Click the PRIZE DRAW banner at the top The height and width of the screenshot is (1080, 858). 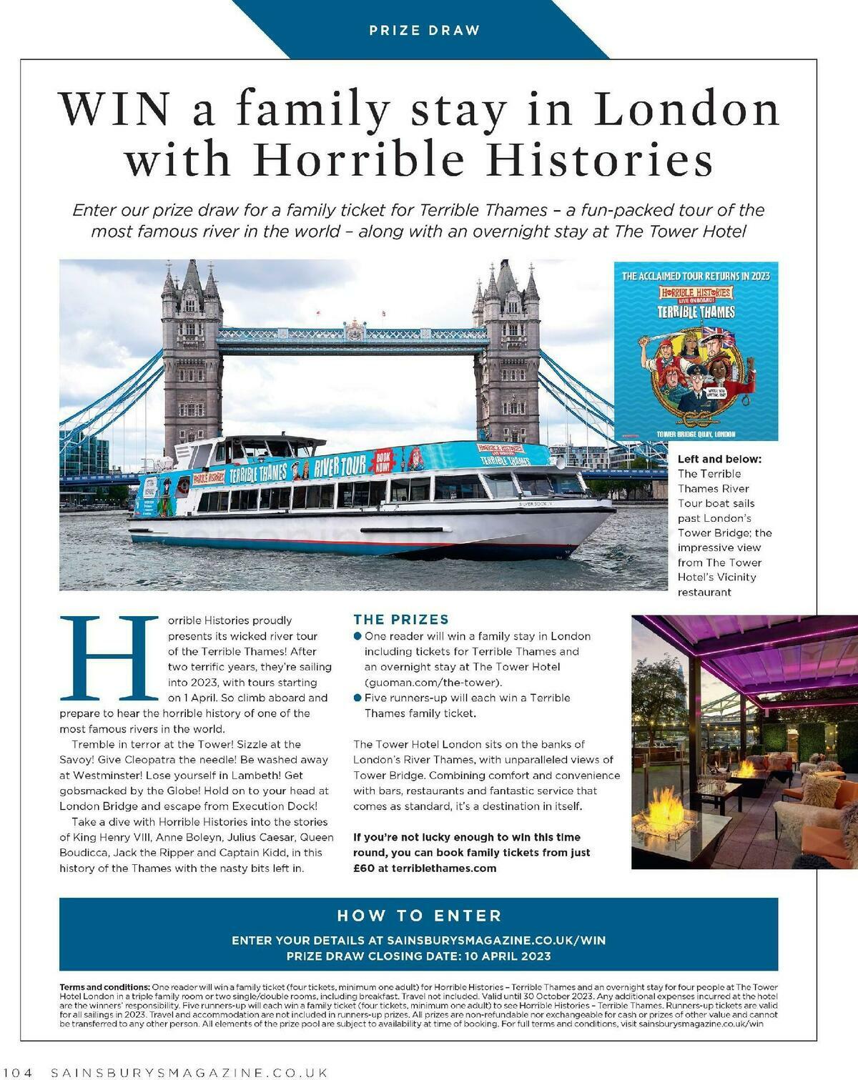tap(424, 30)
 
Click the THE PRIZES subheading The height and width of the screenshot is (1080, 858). tap(401, 619)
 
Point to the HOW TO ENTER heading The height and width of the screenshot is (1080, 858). tap(419, 916)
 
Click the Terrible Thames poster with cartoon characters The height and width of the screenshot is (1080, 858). tap(696, 352)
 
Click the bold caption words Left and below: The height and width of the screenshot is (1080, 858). tap(719, 459)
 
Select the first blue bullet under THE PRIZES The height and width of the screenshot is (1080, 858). tap(357, 635)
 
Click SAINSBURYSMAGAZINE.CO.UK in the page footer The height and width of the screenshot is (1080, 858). tap(189, 1072)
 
